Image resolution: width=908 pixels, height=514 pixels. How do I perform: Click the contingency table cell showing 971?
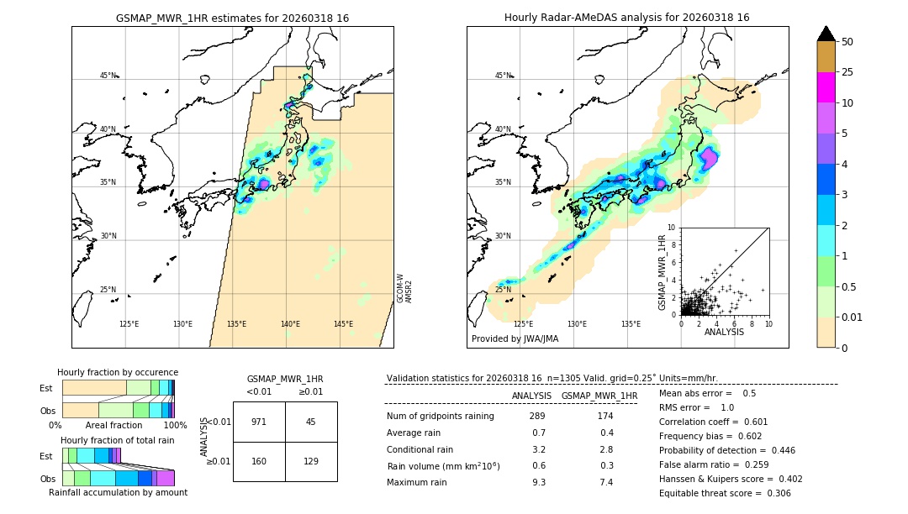coord(259,422)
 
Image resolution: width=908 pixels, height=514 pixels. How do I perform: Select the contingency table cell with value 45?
coord(311,422)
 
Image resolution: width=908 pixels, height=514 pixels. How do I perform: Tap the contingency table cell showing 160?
coord(259,461)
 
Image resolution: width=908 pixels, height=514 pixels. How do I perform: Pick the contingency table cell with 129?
coord(311,461)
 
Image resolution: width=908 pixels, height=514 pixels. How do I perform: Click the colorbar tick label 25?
coord(847,72)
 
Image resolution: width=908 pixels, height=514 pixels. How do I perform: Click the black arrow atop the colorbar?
coord(826,34)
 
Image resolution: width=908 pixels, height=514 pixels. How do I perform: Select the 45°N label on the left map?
coord(108,76)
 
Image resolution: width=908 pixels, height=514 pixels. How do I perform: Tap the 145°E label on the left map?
coord(343,324)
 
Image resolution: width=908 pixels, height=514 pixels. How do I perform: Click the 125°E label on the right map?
coord(523,324)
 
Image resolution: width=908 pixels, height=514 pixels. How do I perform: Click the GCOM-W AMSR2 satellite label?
coord(404,287)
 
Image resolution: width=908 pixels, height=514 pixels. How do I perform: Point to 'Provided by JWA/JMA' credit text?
coord(515,339)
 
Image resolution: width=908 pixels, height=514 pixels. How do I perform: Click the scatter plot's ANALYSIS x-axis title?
coord(723,332)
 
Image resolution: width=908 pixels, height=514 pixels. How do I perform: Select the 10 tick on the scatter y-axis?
coord(671,228)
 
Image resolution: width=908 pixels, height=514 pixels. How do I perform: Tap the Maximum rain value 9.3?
coord(538,482)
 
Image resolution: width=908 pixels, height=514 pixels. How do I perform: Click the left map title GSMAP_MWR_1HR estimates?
coord(232,18)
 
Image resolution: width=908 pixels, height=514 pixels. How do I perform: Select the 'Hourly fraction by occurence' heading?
coord(117,372)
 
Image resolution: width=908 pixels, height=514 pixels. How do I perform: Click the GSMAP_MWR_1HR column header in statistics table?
coord(599,396)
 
